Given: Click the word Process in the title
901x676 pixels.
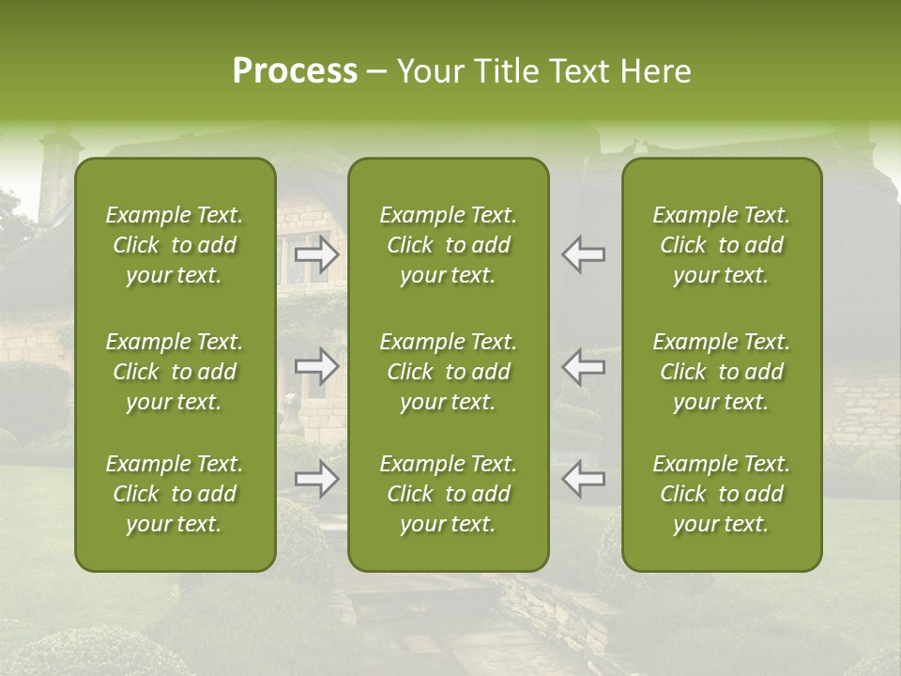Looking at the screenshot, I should coord(295,71).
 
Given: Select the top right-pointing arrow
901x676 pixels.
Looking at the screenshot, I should coord(317,254).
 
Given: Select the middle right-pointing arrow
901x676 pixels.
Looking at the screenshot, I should coord(317,366).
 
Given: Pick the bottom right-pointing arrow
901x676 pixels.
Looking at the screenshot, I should coord(317,479).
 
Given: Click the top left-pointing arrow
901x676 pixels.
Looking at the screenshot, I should coord(583,254).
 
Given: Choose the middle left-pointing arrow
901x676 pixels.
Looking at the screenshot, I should coord(583,366).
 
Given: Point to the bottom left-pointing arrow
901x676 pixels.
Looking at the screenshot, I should coord(583,479).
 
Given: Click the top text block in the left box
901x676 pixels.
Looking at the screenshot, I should coord(175,245).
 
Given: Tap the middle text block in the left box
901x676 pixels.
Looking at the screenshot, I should coord(175,372).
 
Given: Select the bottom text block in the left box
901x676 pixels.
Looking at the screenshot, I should coord(175,494).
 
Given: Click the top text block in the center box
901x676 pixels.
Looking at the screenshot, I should coord(449,245).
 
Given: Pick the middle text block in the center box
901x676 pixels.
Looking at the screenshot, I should coord(449,372).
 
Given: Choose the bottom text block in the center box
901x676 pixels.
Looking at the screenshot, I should coord(449,494).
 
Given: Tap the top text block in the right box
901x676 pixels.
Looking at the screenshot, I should coord(722,245).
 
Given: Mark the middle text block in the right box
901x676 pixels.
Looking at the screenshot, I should coord(722,372).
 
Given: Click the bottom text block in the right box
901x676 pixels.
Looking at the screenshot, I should coord(722,494).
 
